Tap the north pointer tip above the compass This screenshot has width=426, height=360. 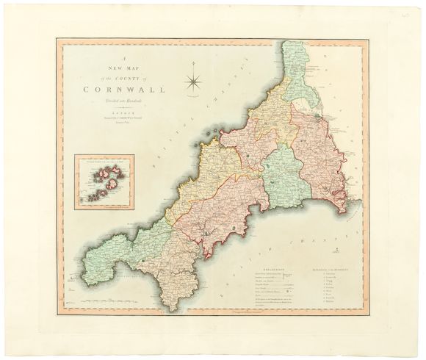[195, 62]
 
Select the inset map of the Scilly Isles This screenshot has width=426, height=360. [104, 181]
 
